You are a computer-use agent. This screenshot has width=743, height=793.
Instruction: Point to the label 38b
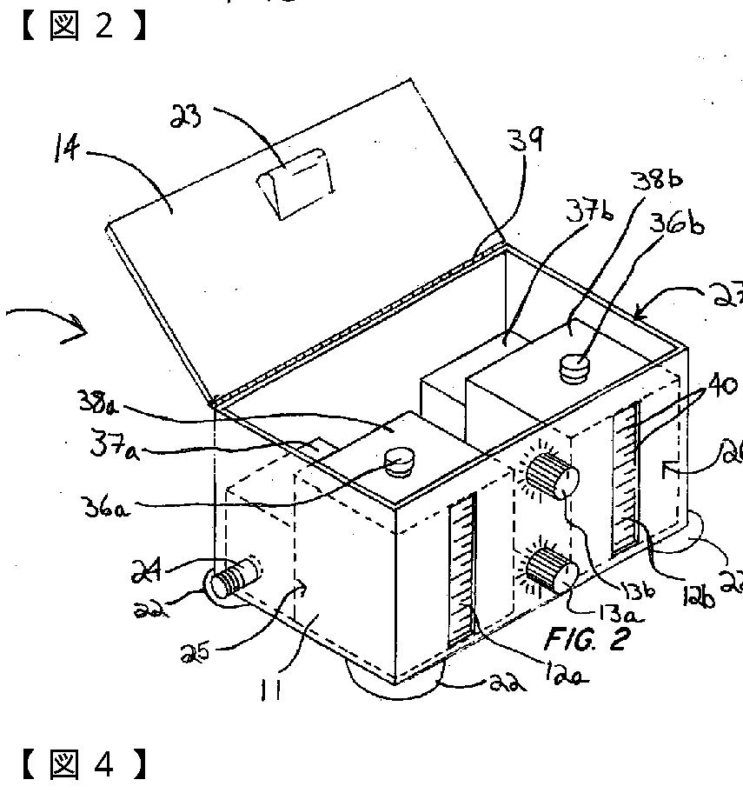click(658, 180)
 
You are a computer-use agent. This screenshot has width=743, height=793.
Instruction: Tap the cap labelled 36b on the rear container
click(574, 367)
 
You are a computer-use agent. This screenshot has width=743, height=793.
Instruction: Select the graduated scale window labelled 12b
click(626, 478)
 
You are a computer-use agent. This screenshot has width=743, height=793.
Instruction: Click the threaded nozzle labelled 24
click(232, 577)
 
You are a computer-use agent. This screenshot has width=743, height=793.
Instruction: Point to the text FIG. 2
click(586, 638)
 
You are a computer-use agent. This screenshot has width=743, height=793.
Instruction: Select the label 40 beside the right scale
click(723, 385)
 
